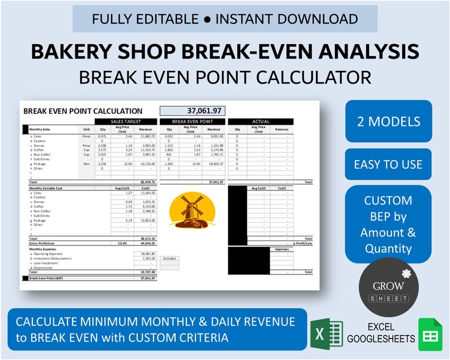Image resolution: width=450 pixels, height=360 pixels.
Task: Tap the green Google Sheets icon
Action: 430,334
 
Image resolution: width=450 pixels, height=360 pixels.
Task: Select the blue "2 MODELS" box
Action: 388,121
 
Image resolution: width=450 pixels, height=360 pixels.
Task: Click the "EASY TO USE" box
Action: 388,164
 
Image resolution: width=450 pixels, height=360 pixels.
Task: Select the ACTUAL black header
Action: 260,121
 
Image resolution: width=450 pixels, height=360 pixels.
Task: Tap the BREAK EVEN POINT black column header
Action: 192,121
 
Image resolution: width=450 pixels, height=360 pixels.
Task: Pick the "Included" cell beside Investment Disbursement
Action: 169,258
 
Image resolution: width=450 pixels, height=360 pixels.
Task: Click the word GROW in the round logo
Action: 388,286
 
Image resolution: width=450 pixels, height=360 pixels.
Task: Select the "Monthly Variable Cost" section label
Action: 46,188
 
